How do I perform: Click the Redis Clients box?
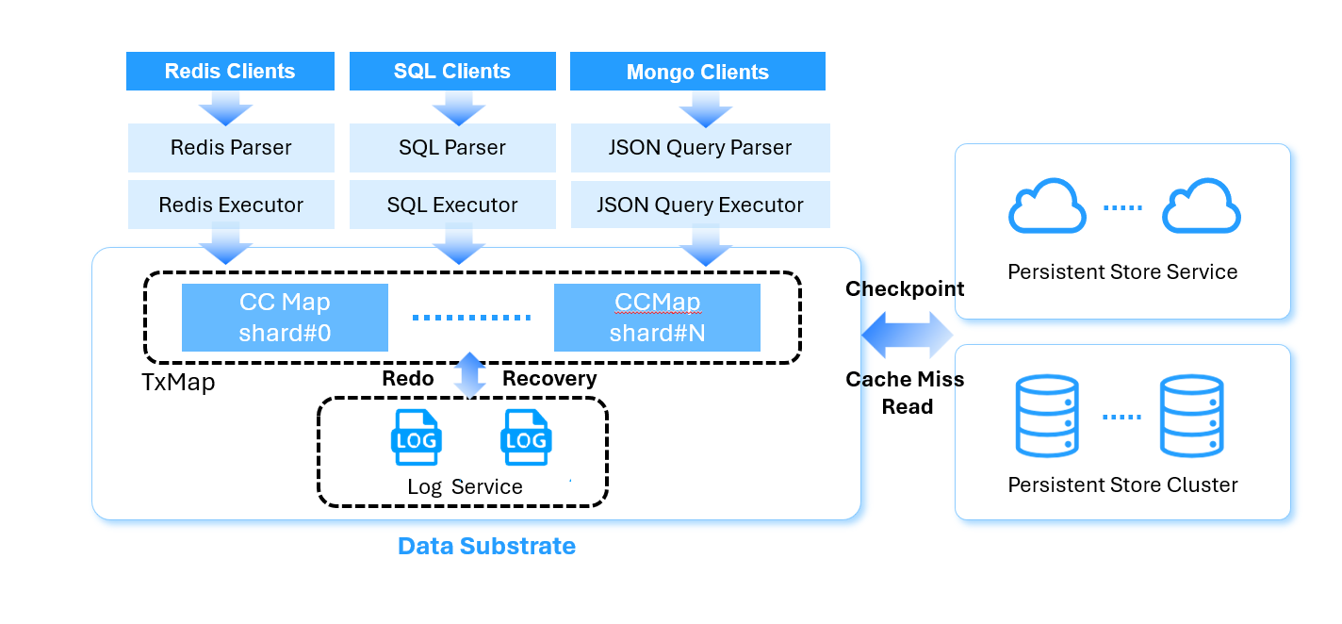(x=230, y=72)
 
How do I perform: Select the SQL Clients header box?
(x=451, y=72)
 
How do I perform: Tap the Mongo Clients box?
(x=697, y=72)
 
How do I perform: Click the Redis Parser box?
(x=231, y=148)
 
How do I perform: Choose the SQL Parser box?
(x=451, y=148)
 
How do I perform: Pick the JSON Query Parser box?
(x=699, y=148)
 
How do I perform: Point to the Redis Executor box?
(x=231, y=205)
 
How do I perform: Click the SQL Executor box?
(x=451, y=205)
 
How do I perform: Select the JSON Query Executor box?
(x=699, y=205)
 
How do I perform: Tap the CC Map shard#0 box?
(x=285, y=318)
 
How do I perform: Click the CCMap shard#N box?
(x=657, y=318)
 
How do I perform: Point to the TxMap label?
(x=177, y=382)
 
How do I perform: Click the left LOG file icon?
(x=416, y=437)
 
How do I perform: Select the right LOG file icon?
(x=526, y=437)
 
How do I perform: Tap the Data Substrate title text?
(x=486, y=546)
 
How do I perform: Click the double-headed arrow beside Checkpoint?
(x=908, y=337)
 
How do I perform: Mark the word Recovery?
(x=549, y=379)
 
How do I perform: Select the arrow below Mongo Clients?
(x=706, y=111)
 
